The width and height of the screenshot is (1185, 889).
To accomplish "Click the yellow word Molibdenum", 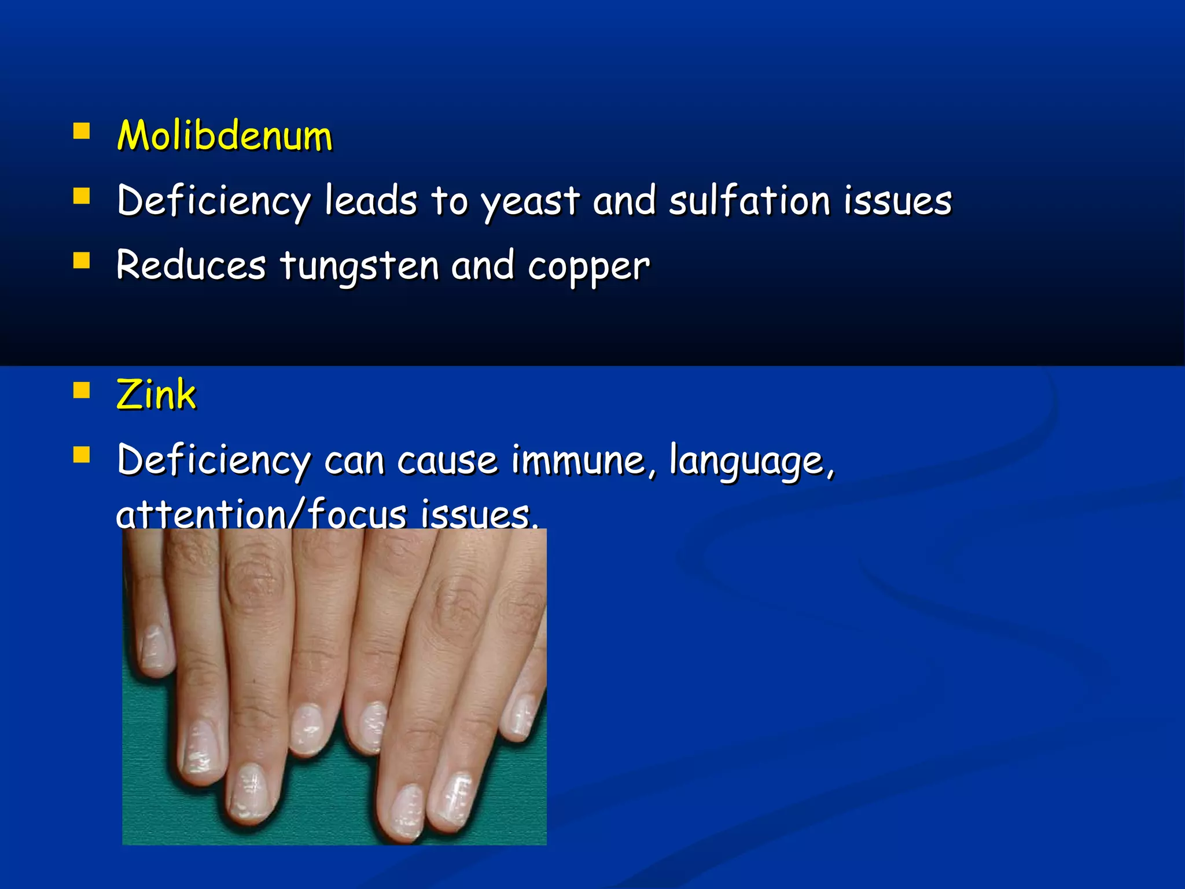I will tap(225, 136).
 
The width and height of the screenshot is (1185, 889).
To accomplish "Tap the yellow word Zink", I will tap(156, 395).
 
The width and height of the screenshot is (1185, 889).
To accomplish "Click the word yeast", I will tap(530, 202).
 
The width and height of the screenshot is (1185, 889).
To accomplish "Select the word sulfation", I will tap(750, 201).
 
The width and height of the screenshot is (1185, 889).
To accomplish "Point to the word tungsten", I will tap(359, 266).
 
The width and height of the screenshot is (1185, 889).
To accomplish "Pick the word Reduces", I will tap(191, 266).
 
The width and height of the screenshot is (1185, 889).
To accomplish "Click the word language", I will tap(752, 461).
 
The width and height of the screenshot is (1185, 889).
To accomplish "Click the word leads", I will tap(370, 201).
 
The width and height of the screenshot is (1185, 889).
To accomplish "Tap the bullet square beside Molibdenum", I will tap(82, 131).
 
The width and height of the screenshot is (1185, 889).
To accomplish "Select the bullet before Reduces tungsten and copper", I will tap(82, 261).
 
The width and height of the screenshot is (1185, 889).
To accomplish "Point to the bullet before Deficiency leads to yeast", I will tap(82, 196).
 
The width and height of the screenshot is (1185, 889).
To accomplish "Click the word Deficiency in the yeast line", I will tap(214, 202).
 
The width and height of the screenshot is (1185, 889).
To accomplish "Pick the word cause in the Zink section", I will tap(447, 461).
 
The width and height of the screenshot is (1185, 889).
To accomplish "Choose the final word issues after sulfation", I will tap(897, 201).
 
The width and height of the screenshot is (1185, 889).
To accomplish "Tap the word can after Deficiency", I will tap(354, 461).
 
